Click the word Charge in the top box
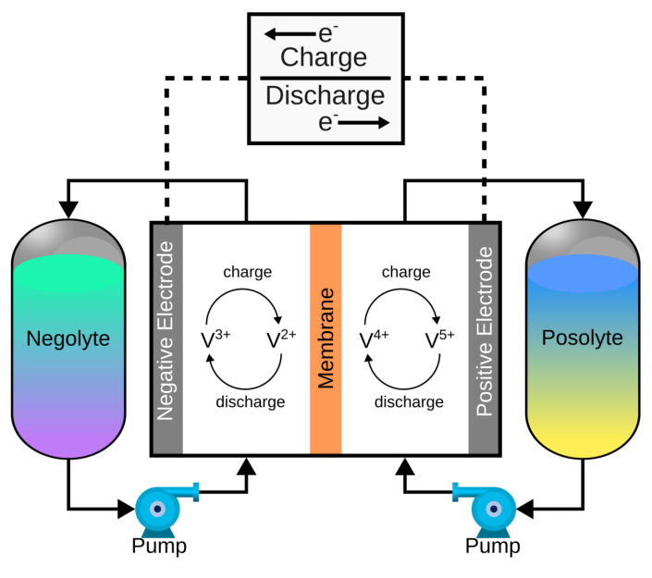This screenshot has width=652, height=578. pos(324,58)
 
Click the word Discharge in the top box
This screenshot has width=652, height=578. pos(324,95)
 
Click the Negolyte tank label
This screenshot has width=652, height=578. pos(68,338)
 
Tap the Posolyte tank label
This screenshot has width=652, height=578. pos(582,338)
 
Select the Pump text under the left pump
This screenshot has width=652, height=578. pos(159,547)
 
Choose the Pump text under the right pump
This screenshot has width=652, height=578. pos(493,547)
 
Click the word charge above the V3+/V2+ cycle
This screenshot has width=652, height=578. pos(247,272)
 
